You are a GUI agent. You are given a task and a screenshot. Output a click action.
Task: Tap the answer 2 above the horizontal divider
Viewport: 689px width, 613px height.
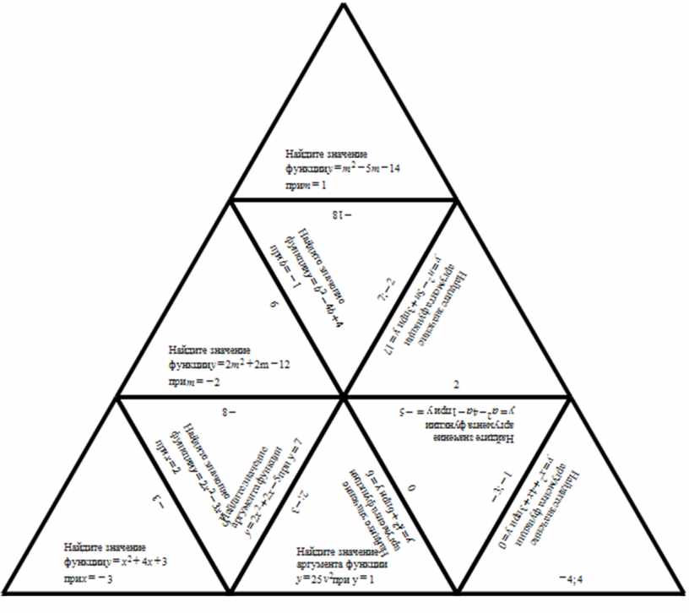(457, 384)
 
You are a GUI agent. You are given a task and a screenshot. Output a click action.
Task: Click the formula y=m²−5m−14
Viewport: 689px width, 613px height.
(366, 169)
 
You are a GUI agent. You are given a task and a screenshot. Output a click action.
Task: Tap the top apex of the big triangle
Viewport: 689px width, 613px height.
(344, 7)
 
